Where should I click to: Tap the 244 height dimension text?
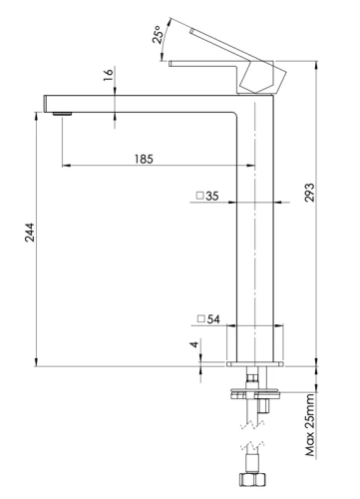[x=25, y=240]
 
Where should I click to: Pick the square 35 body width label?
[x=207, y=197]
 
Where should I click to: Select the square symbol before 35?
[x=199, y=197]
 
